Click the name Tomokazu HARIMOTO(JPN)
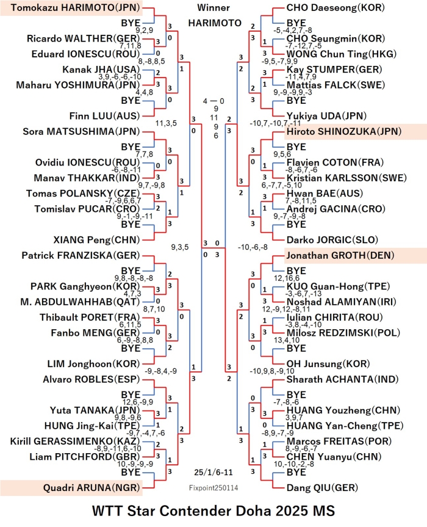(x=75, y=8)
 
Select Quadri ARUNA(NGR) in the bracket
(x=91, y=488)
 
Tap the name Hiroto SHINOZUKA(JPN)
(x=344, y=131)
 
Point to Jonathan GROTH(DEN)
(x=340, y=255)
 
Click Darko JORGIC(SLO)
(x=332, y=240)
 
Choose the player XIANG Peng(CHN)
(x=96, y=240)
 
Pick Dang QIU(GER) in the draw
(x=322, y=488)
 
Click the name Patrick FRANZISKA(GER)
(x=81, y=255)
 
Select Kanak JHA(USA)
(x=101, y=70)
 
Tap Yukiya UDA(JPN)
(x=326, y=116)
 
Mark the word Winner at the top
(x=213, y=7)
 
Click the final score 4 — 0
(x=213, y=101)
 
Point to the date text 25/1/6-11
(x=213, y=472)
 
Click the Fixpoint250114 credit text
(x=213, y=488)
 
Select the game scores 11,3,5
(x=166, y=123)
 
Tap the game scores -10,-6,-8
(x=253, y=247)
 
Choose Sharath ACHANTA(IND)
(x=342, y=379)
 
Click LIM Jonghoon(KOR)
(x=94, y=364)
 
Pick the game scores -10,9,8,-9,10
(x=272, y=371)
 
